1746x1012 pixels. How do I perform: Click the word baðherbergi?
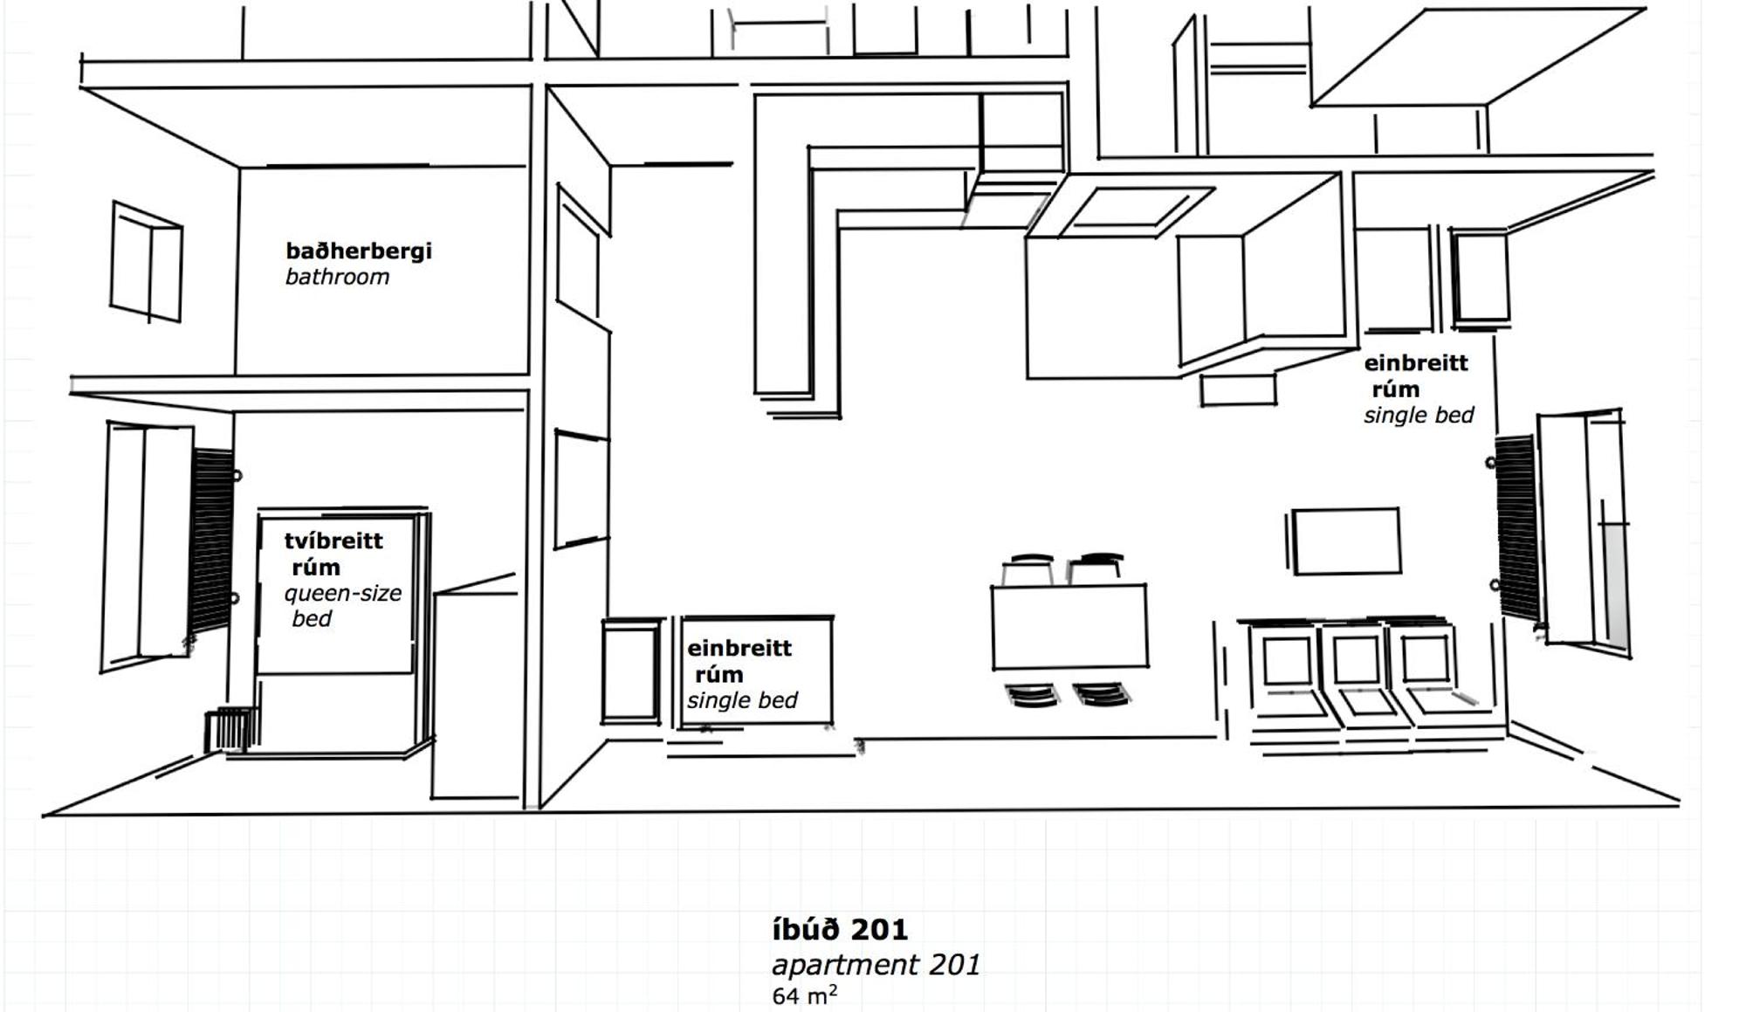tap(358, 251)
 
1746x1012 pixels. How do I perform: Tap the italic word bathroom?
tap(337, 278)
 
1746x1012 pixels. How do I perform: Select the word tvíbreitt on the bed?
tap(333, 540)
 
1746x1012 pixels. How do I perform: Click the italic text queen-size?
tap(342, 594)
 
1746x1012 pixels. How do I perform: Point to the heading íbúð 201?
tap(840, 929)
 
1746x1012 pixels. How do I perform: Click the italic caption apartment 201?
tap(876, 965)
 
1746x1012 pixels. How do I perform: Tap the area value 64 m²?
tap(804, 995)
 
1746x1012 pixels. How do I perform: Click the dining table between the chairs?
tap(1069, 625)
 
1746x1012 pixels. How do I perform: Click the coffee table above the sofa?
tap(1345, 541)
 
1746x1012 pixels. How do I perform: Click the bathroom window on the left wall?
tap(146, 262)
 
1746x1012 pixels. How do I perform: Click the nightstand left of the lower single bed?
tap(630, 671)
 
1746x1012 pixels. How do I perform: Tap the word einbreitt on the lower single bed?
tap(739, 649)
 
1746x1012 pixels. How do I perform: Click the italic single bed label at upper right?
tap(1419, 416)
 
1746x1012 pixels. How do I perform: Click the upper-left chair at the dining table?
tap(1029, 569)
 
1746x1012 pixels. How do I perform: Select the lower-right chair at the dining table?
tap(1102, 694)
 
